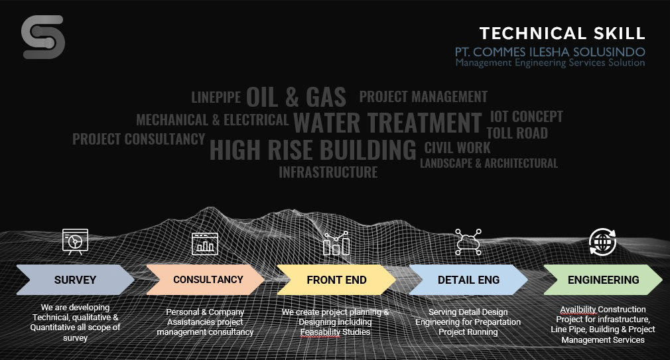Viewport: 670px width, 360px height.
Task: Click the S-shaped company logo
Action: [x=42, y=37]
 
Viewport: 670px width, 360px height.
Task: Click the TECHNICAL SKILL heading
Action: [x=562, y=33]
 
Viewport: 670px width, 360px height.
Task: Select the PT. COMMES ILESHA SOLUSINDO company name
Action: [x=550, y=52]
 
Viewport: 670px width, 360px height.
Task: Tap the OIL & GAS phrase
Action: [x=296, y=97]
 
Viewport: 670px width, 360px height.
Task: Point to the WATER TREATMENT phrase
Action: [x=387, y=123]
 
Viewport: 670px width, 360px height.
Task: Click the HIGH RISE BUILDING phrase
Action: [x=313, y=149]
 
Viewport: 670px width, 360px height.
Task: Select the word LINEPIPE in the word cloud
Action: [x=216, y=97]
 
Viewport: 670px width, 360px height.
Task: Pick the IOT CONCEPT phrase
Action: [x=527, y=116]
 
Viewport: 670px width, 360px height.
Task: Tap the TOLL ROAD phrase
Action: [x=517, y=133]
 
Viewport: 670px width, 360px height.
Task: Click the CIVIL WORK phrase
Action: [x=457, y=148]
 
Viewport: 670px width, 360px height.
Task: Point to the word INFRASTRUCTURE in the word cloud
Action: [x=328, y=172]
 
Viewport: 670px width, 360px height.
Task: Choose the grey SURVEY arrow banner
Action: [x=75, y=280]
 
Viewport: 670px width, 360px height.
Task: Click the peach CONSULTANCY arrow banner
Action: [x=206, y=280]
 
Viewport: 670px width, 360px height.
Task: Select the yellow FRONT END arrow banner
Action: [x=336, y=280]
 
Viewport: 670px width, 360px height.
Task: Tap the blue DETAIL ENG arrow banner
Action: [x=468, y=280]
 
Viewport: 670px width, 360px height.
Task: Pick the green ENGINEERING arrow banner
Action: [x=603, y=280]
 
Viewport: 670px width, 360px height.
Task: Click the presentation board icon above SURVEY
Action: [x=75, y=242]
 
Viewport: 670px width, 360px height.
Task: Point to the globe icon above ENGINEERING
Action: [x=602, y=242]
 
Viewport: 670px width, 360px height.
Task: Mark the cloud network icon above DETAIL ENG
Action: [x=468, y=242]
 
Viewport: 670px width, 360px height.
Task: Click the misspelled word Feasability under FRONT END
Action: [x=320, y=331]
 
